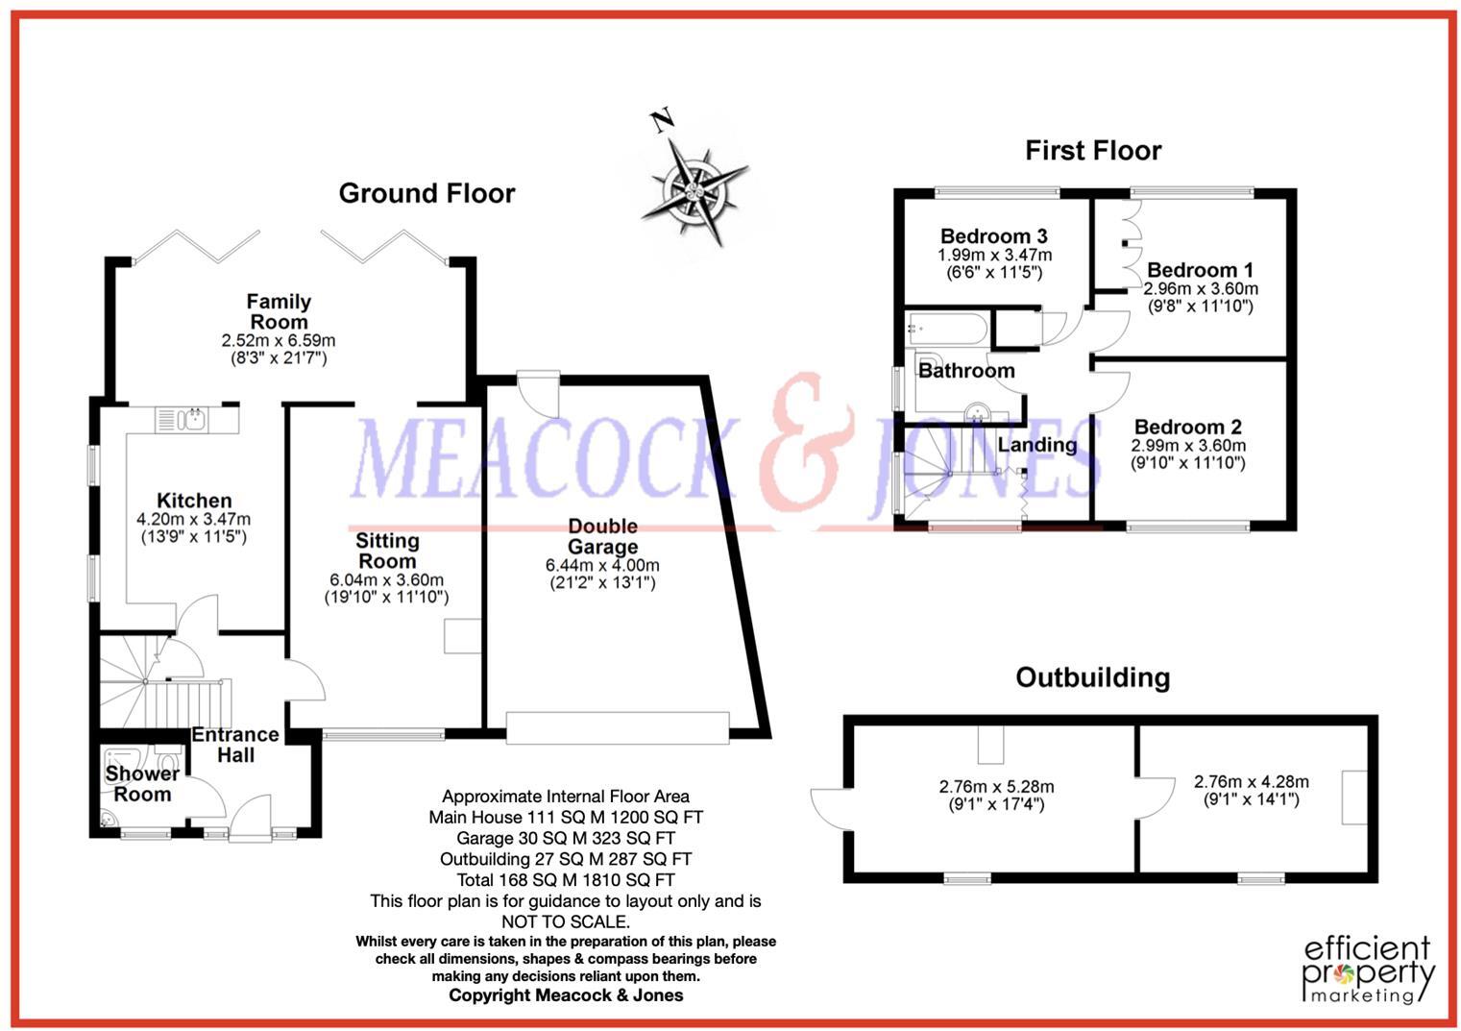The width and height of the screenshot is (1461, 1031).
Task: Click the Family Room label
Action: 279,311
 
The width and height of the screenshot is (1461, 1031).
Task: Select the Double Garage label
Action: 602,536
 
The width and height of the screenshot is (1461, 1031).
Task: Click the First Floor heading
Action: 1093,151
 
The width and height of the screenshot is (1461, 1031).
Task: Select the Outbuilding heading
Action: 1092,677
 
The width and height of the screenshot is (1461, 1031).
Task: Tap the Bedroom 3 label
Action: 993,235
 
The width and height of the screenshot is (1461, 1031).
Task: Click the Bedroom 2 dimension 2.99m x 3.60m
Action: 1188,446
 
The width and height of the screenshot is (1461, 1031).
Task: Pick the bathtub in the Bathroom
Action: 946,330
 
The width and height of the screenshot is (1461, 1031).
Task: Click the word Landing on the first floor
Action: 1036,445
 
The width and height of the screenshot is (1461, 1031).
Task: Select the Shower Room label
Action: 142,784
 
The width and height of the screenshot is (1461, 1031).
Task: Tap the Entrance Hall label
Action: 235,745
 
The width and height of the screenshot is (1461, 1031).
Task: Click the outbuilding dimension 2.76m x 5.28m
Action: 996,787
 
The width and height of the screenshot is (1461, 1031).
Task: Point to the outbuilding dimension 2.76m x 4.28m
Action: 1251,782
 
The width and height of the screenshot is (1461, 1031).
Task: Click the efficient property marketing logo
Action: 1368,969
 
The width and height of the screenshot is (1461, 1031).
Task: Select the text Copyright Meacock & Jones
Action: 566,995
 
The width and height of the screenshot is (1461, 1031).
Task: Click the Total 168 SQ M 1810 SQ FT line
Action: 565,880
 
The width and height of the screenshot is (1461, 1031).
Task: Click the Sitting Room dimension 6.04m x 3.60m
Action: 386,580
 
